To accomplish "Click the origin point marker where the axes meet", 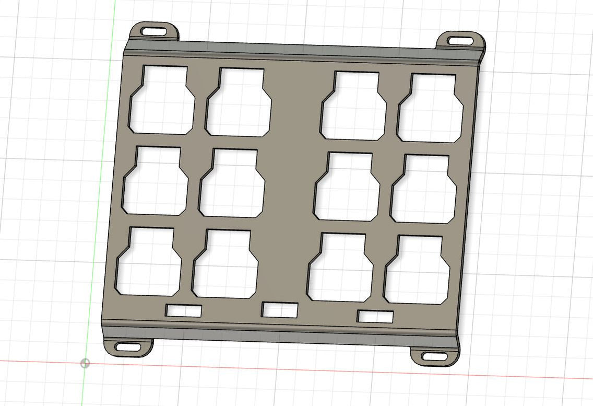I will [x=85, y=363].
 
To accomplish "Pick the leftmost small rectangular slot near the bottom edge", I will [x=184, y=311].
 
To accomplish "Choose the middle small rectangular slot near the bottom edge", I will [x=280, y=310].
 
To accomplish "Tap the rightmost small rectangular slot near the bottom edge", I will [x=375, y=316].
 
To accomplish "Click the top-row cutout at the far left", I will [x=162, y=102].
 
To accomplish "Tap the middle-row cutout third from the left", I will [x=347, y=187].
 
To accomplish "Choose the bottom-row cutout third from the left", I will [x=341, y=269].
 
